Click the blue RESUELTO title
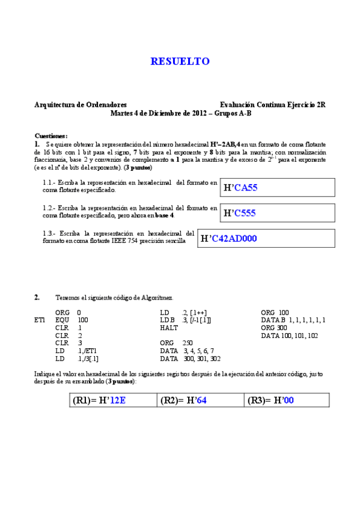[x=180, y=61]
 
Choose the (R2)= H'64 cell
[x=184, y=400]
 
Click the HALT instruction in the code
[x=169, y=328]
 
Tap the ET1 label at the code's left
[x=41, y=321]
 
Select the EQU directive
[x=61, y=321]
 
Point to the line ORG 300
[x=273, y=328]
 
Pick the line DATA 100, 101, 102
[x=290, y=336]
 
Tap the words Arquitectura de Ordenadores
[x=81, y=105]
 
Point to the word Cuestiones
[x=51, y=136]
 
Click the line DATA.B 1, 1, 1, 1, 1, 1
[x=293, y=321]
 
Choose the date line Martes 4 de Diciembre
[x=180, y=112]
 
